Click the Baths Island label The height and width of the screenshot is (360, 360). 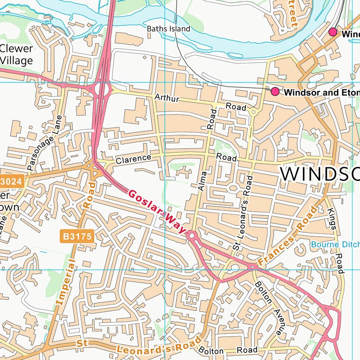coord(168,29)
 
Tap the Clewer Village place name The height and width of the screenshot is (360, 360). coord(16,54)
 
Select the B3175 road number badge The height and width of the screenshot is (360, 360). coord(78,236)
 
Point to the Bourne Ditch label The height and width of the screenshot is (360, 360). coord(335,244)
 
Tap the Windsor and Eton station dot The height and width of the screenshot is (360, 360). coord(275,91)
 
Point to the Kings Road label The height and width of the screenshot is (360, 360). coord(336,233)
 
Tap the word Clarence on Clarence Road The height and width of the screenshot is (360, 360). coord(134,159)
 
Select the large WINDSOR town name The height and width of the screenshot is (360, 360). coord(320,173)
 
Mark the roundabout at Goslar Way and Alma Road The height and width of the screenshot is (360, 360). coord(192,236)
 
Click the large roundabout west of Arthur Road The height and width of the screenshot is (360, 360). coord(102,88)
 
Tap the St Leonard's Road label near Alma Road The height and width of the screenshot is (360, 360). coord(242,213)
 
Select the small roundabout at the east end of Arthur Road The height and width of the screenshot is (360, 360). coord(254,112)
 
